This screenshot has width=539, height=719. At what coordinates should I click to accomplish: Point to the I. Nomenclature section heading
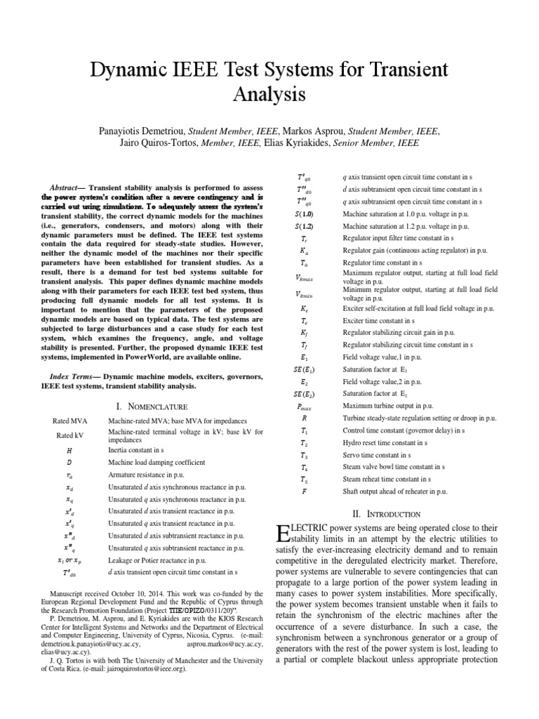[151, 407]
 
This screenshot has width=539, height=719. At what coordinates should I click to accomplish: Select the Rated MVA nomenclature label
[69, 421]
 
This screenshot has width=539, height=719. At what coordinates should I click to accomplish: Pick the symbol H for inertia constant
[69, 449]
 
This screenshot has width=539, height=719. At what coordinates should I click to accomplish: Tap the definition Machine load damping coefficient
[156, 463]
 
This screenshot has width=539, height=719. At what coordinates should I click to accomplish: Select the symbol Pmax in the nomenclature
[303, 406]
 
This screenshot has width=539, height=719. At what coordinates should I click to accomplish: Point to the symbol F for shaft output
[303, 492]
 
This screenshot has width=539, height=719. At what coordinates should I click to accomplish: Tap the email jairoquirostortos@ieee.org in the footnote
[151, 670]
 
